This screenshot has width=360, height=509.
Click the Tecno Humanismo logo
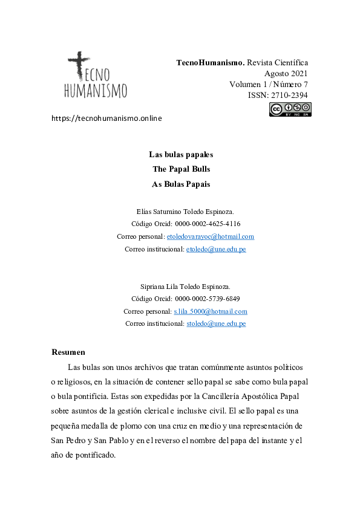point(96,76)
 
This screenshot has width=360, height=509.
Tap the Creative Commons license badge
point(290,109)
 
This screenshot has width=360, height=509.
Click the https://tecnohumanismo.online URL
point(107,118)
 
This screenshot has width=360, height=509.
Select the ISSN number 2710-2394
point(287,96)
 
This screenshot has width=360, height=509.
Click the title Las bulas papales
point(181,154)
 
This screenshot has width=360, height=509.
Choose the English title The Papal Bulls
point(181,169)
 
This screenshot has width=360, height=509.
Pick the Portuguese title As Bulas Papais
point(181,184)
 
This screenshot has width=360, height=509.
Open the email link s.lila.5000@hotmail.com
point(211,311)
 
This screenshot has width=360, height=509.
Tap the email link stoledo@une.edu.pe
point(216,324)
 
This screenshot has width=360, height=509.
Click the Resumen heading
point(68,352)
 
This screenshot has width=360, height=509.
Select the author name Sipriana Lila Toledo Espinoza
point(181,286)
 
